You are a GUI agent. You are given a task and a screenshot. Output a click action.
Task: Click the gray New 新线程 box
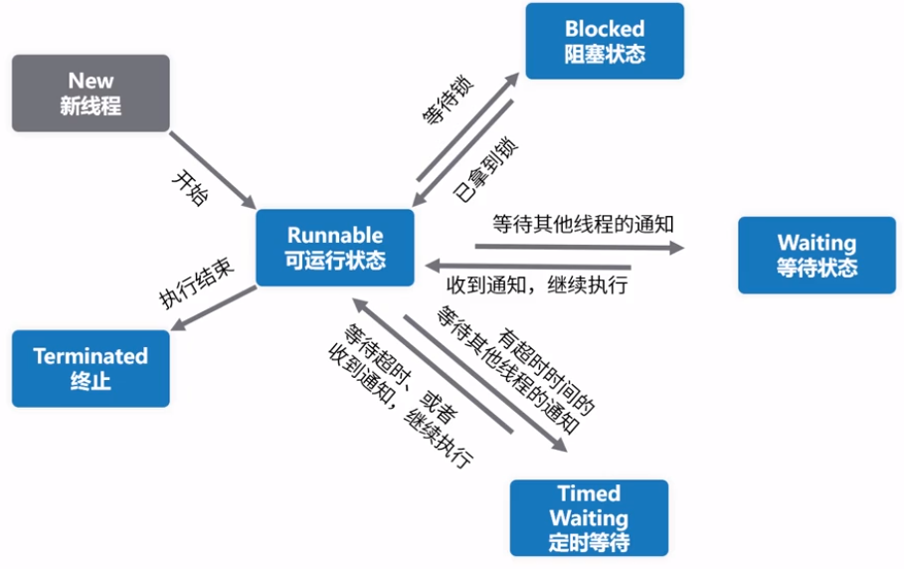click(x=90, y=93)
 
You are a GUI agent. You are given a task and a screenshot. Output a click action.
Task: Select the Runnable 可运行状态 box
click(x=335, y=248)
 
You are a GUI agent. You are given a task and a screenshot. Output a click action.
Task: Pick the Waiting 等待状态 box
click(x=816, y=255)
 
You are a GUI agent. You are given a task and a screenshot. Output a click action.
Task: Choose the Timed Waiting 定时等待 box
click(x=589, y=517)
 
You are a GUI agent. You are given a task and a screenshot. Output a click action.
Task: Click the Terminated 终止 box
click(x=90, y=368)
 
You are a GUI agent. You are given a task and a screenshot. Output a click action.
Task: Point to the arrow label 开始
click(x=192, y=187)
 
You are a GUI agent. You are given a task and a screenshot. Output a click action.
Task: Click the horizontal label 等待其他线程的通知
click(x=584, y=224)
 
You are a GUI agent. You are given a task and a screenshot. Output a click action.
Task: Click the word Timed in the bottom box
click(x=589, y=494)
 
